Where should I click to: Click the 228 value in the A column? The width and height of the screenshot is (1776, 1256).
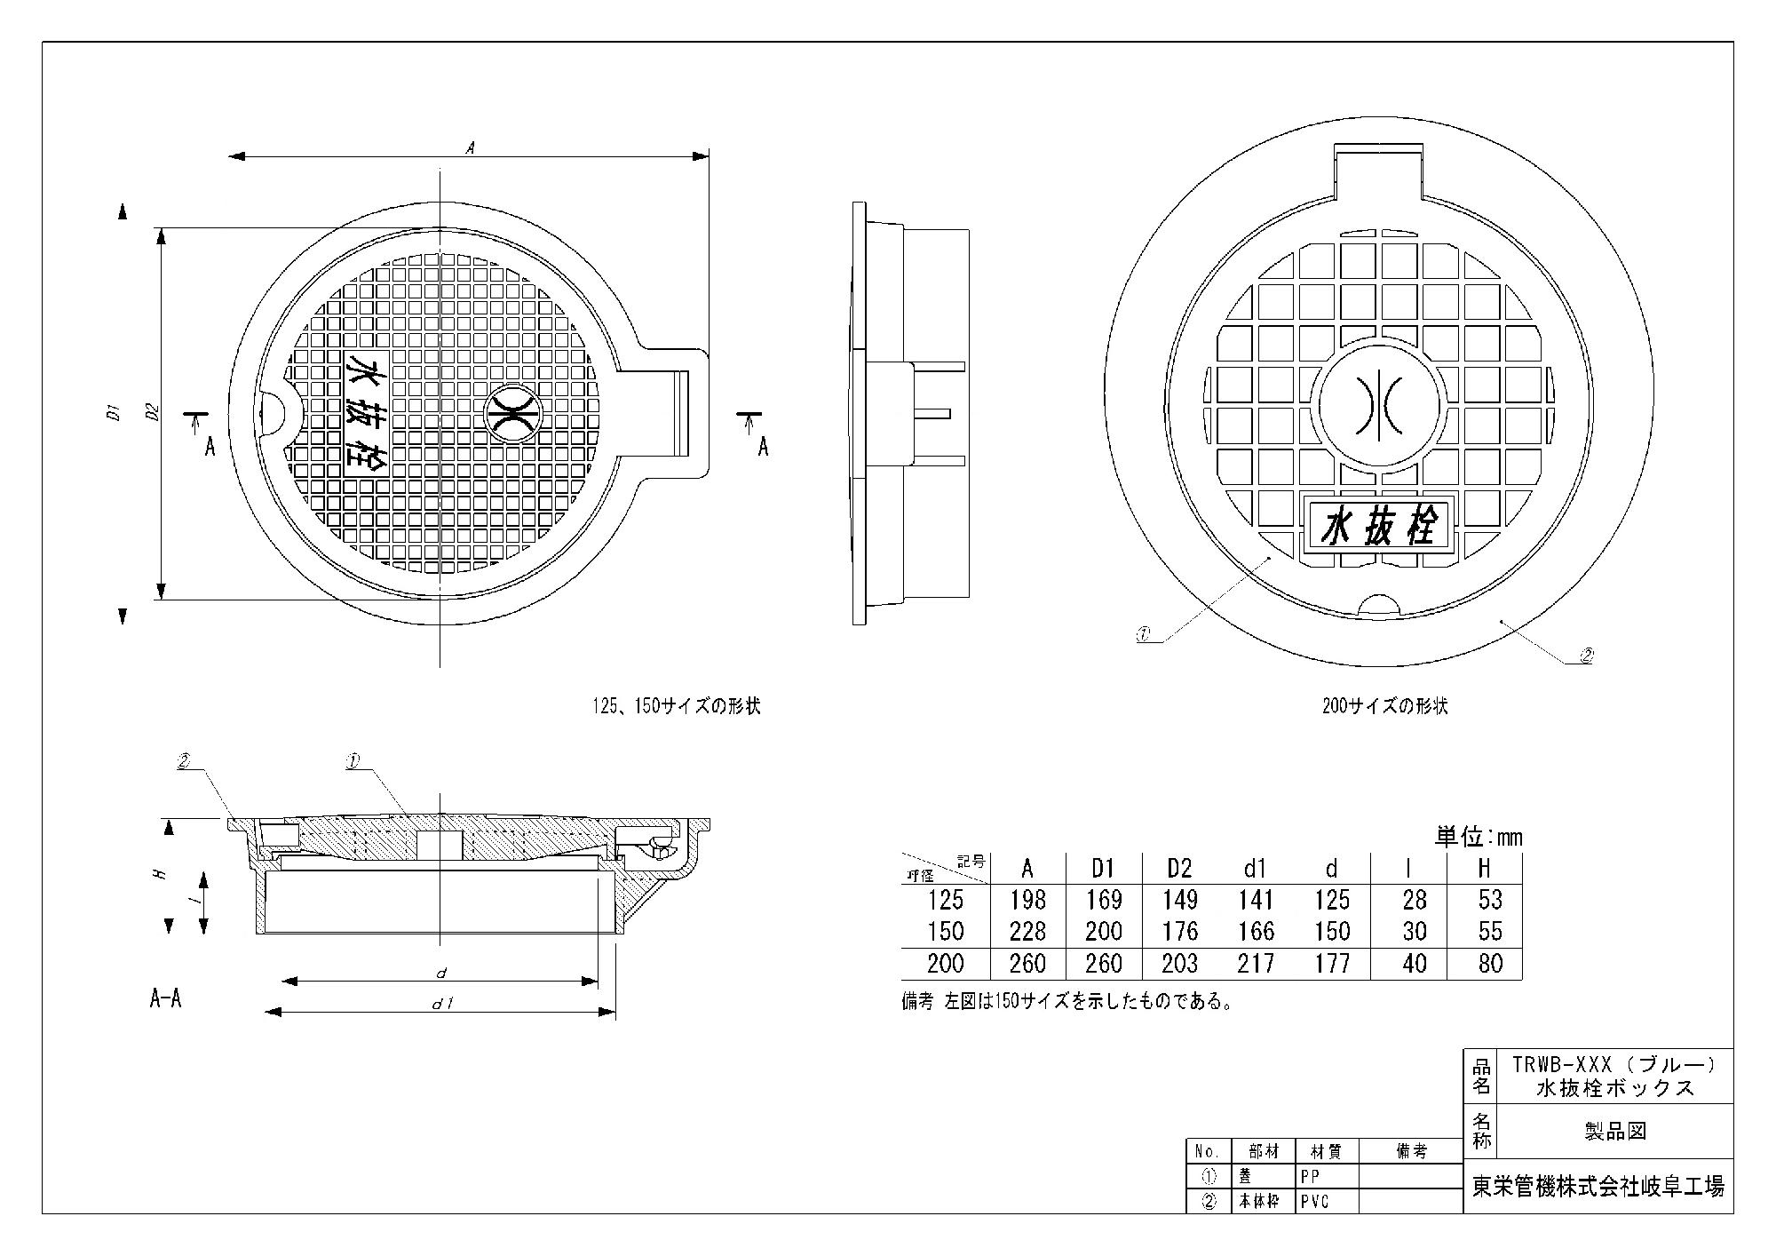pyautogui.click(x=1027, y=931)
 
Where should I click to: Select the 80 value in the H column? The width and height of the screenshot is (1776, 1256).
pyautogui.click(x=1489, y=963)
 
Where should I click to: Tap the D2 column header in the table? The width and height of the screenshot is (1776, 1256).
pyautogui.click(x=1179, y=868)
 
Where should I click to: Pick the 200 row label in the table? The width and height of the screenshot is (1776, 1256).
pyautogui.click(x=945, y=963)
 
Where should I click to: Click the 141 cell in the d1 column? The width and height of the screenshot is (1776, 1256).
pyautogui.click(x=1255, y=900)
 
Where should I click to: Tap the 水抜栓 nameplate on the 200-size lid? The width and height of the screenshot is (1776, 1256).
pyautogui.click(x=1379, y=529)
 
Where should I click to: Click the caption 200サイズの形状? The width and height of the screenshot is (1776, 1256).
pyautogui.click(x=1384, y=707)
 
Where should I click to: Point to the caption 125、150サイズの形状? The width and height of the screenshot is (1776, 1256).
pyautogui.click(x=677, y=707)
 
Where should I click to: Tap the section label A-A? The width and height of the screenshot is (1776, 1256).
pyautogui.click(x=166, y=998)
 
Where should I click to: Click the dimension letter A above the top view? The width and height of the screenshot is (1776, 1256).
pyautogui.click(x=471, y=148)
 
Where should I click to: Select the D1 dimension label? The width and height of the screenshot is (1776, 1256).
pyautogui.click(x=113, y=412)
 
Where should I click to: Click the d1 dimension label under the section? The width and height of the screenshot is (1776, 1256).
pyautogui.click(x=441, y=1004)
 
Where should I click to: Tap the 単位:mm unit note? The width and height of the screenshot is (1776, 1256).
pyautogui.click(x=1479, y=837)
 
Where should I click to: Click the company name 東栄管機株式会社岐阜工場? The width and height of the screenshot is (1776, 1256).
pyautogui.click(x=1598, y=1187)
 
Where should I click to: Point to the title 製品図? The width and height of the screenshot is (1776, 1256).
pyautogui.click(x=1615, y=1132)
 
